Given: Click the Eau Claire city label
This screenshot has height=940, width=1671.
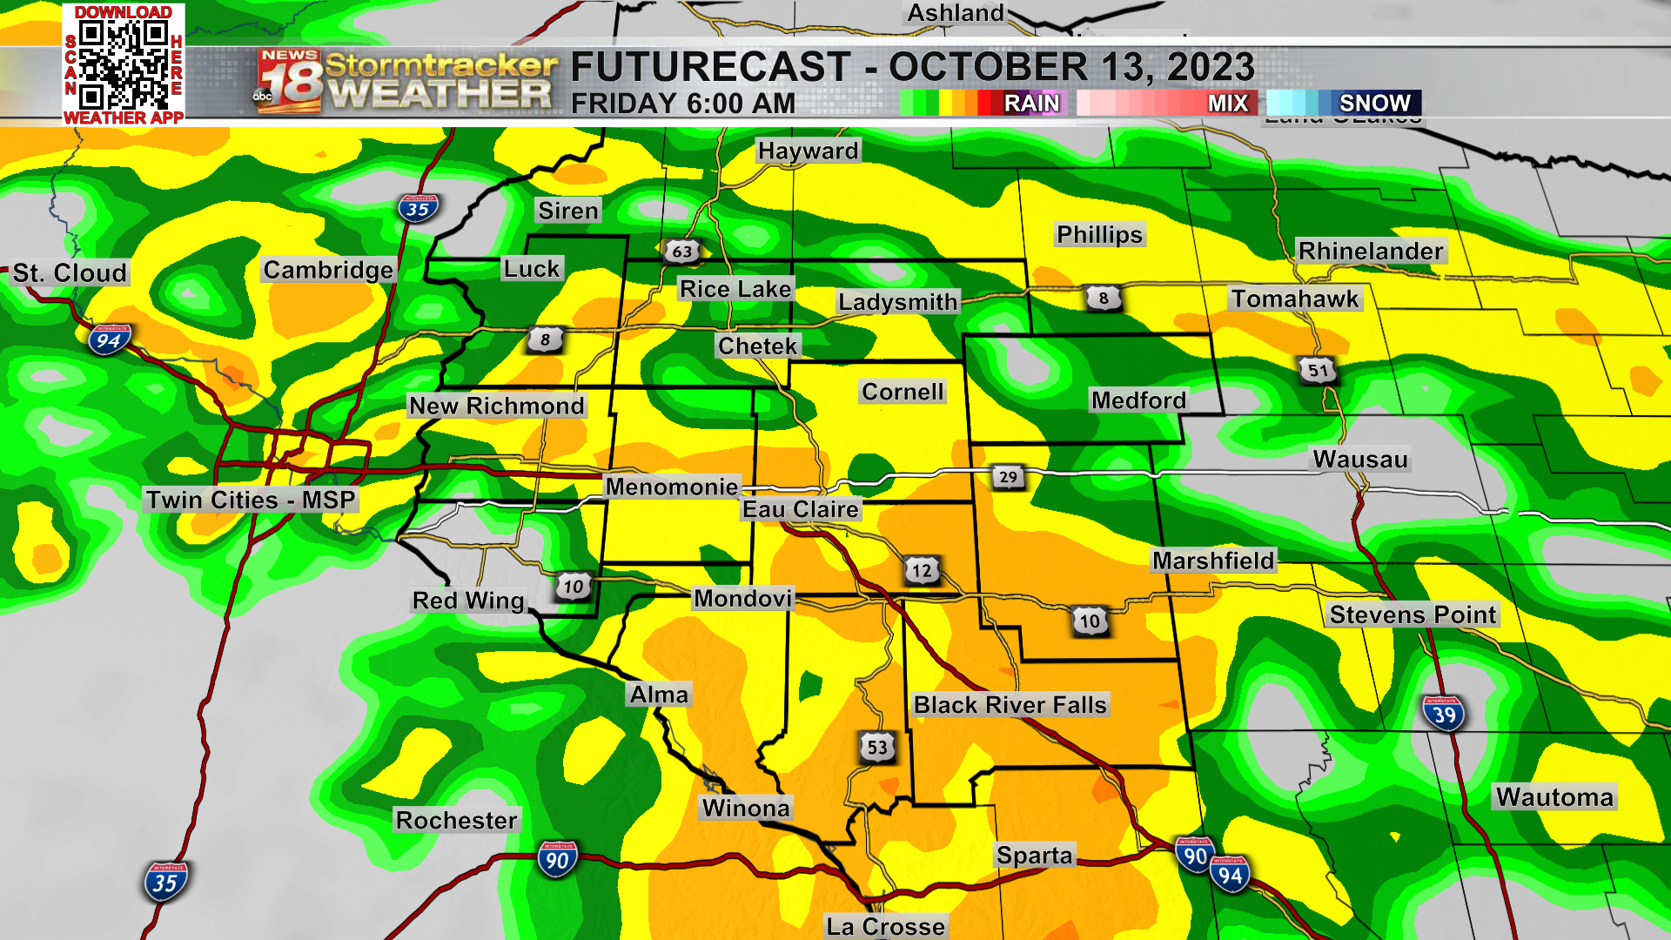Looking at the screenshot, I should click(x=801, y=509).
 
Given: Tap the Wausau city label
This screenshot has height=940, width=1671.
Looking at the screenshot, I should click(x=1359, y=459).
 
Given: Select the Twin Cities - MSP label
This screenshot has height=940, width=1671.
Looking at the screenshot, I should click(x=251, y=500).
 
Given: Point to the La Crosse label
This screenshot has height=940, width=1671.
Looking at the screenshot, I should click(x=885, y=926).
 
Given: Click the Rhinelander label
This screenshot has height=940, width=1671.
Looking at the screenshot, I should click(x=1371, y=251).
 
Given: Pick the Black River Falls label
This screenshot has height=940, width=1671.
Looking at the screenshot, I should click(x=1010, y=704).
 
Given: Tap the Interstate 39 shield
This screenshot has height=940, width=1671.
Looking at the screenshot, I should click(x=1444, y=715).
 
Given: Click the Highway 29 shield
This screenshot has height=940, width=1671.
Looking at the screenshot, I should click(x=1008, y=476).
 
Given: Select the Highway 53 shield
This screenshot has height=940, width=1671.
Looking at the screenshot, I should click(x=877, y=747).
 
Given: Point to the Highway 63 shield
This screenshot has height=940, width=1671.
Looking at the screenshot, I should click(x=682, y=252).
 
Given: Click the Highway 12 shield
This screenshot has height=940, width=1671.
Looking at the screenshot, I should click(x=922, y=571).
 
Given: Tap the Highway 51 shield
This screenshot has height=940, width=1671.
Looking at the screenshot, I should click(x=1319, y=370).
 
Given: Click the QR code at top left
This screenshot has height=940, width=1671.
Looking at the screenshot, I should click(x=124, y=64).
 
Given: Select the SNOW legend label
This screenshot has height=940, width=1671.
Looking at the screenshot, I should click(x=1374, y=103).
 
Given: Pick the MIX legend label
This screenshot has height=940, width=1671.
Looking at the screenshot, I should click(x=1227, y=103).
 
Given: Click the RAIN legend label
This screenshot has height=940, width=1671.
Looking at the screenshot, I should click(x=1031, y=103).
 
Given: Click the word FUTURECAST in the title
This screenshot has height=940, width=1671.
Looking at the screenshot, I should click(x=710, y=67).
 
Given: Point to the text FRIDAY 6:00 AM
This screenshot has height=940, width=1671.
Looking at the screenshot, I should click(x=683, y=104).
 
